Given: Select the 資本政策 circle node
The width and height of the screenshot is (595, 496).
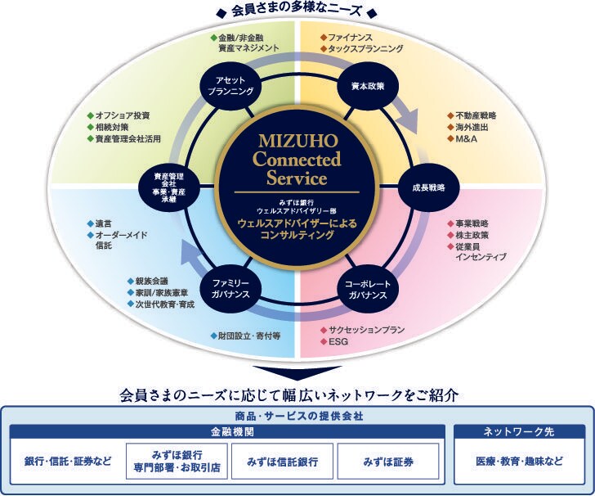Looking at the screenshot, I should (362, 86).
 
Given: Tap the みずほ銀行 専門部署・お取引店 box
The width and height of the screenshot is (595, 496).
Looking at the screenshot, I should (177, 462).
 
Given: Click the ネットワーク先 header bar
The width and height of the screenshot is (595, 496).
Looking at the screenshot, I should (519, 431).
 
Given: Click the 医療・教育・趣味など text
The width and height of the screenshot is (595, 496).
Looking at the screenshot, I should (519, 462).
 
